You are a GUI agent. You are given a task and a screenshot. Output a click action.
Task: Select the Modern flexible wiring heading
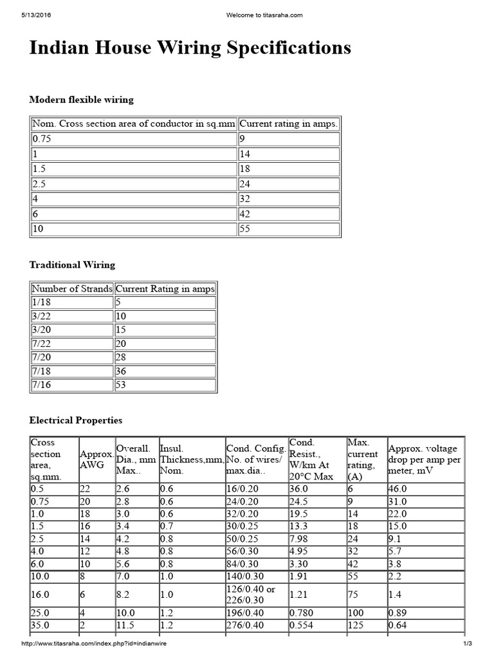(x=82, y=100)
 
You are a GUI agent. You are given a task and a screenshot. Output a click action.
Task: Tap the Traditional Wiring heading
(x=72, y=265)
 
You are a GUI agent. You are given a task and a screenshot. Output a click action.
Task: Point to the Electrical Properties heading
(x=75, y=420)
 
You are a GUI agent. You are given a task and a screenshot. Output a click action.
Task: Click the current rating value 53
(x=121, y=385)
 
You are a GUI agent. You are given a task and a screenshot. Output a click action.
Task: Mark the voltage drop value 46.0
(x=398, y=488)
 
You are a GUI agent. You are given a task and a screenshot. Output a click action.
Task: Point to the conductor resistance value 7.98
(x=300, y=537)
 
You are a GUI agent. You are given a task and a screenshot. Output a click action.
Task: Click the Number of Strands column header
(x=72, y=289)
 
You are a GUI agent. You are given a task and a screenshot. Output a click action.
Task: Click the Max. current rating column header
(x=363, y=459)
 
